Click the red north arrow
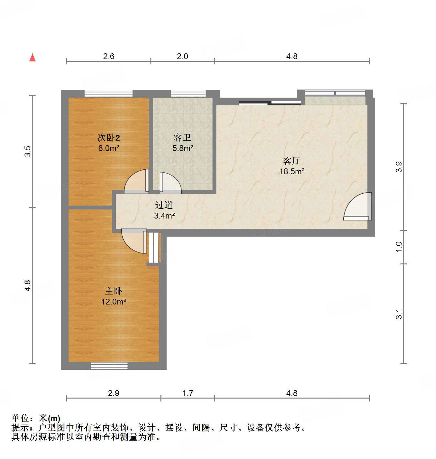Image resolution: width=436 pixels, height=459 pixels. click(32, 58)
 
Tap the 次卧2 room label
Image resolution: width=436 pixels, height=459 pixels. click(109, 138)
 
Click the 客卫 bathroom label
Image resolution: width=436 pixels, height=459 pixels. click(182, 138)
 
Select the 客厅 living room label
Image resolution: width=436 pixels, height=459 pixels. click(292, 161)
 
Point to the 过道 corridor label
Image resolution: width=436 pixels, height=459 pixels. click(164, 205)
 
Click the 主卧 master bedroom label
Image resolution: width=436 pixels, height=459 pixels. click(114, 291)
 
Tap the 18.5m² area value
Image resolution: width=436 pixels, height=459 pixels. click(292, 172)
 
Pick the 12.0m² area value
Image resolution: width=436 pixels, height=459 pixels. click(114, 302)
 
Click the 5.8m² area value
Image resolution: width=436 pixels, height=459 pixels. click(183, 148)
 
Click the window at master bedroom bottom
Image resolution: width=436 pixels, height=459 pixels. click(109, 366)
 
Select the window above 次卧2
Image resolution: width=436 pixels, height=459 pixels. click(109, 93)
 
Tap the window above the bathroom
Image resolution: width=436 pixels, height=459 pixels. click(188, 93)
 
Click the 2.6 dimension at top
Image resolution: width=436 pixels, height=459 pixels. click(109, 57)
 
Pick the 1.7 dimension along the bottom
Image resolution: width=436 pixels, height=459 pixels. click(188, 393)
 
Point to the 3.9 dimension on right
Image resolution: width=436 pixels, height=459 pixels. click(399, 167)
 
